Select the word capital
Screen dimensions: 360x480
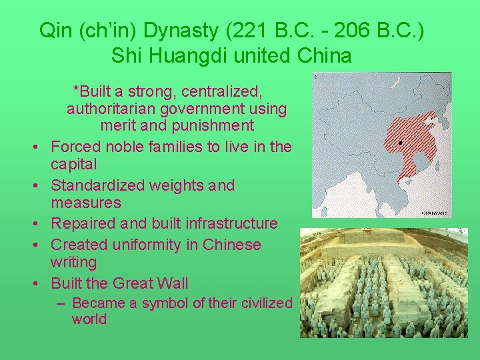point(74,164)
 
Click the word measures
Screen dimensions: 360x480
point(86,203)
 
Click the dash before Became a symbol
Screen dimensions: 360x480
point(61,303)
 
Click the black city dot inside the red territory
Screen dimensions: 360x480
point(399,143)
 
